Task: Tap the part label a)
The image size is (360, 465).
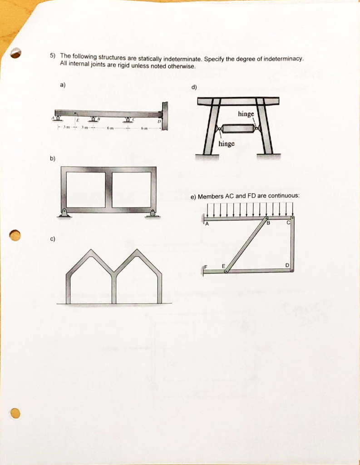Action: point(63,84)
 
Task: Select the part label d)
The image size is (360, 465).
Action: point(194,88)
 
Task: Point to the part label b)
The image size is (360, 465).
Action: point(53,158)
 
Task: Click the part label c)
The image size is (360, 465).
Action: point(53,239)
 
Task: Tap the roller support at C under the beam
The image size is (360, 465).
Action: point(128,120)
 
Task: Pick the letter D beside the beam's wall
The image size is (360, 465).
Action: point(159,122)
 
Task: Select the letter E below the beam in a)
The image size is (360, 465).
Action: point(78,120)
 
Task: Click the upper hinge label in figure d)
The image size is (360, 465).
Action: point(246,114)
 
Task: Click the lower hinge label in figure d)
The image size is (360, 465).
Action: point(227,143)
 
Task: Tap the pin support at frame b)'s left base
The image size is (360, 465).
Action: point(64,213)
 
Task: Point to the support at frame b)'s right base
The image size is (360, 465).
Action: point(153,213)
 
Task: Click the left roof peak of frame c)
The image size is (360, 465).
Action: point(91,252)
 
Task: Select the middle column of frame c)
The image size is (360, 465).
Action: point(115,288)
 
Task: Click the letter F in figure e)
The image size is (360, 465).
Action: point(206,266)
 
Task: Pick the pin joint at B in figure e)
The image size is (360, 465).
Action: point(267,219)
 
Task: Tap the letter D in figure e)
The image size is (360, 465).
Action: point(287,265)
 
